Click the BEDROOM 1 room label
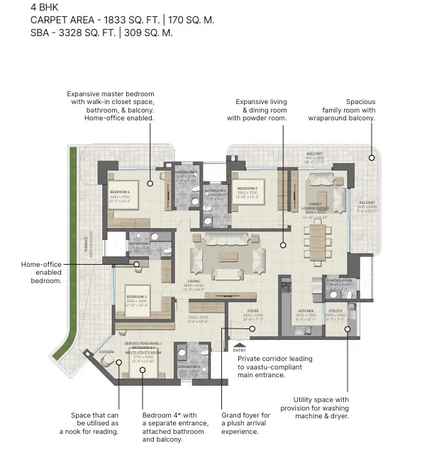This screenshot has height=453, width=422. (119, 192)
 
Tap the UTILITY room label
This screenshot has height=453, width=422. (335, 311)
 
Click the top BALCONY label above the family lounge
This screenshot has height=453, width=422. (315, 154)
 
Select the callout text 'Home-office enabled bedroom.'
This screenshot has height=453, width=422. (41, 273)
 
